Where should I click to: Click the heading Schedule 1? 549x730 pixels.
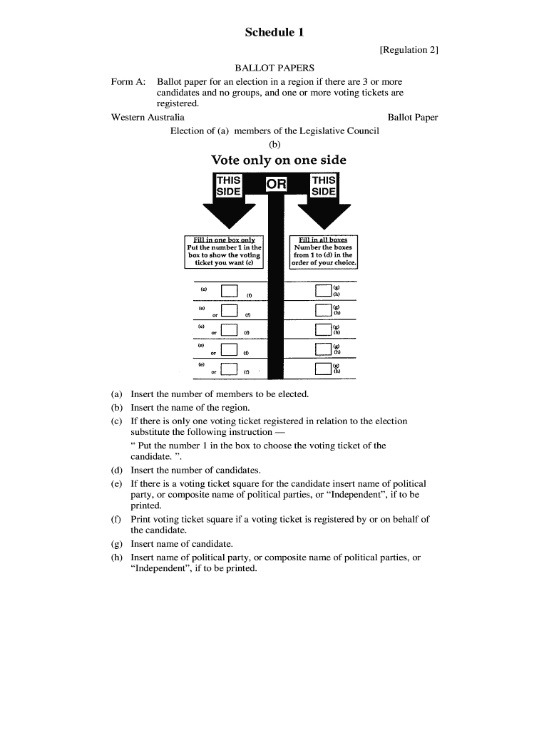274,32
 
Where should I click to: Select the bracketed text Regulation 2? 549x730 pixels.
409,50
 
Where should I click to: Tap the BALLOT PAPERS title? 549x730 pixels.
274,68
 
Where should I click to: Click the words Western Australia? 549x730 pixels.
148,117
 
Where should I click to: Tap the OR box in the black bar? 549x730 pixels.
276,185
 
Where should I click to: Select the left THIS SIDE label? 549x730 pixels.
228,186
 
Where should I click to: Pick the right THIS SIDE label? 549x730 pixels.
324,186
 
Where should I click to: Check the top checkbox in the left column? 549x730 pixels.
229,291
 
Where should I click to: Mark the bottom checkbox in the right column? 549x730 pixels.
324,369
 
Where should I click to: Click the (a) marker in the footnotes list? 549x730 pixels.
116,394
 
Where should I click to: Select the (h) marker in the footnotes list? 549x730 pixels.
116,557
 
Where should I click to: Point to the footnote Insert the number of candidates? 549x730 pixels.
196,471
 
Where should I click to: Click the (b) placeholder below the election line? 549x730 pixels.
274,144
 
